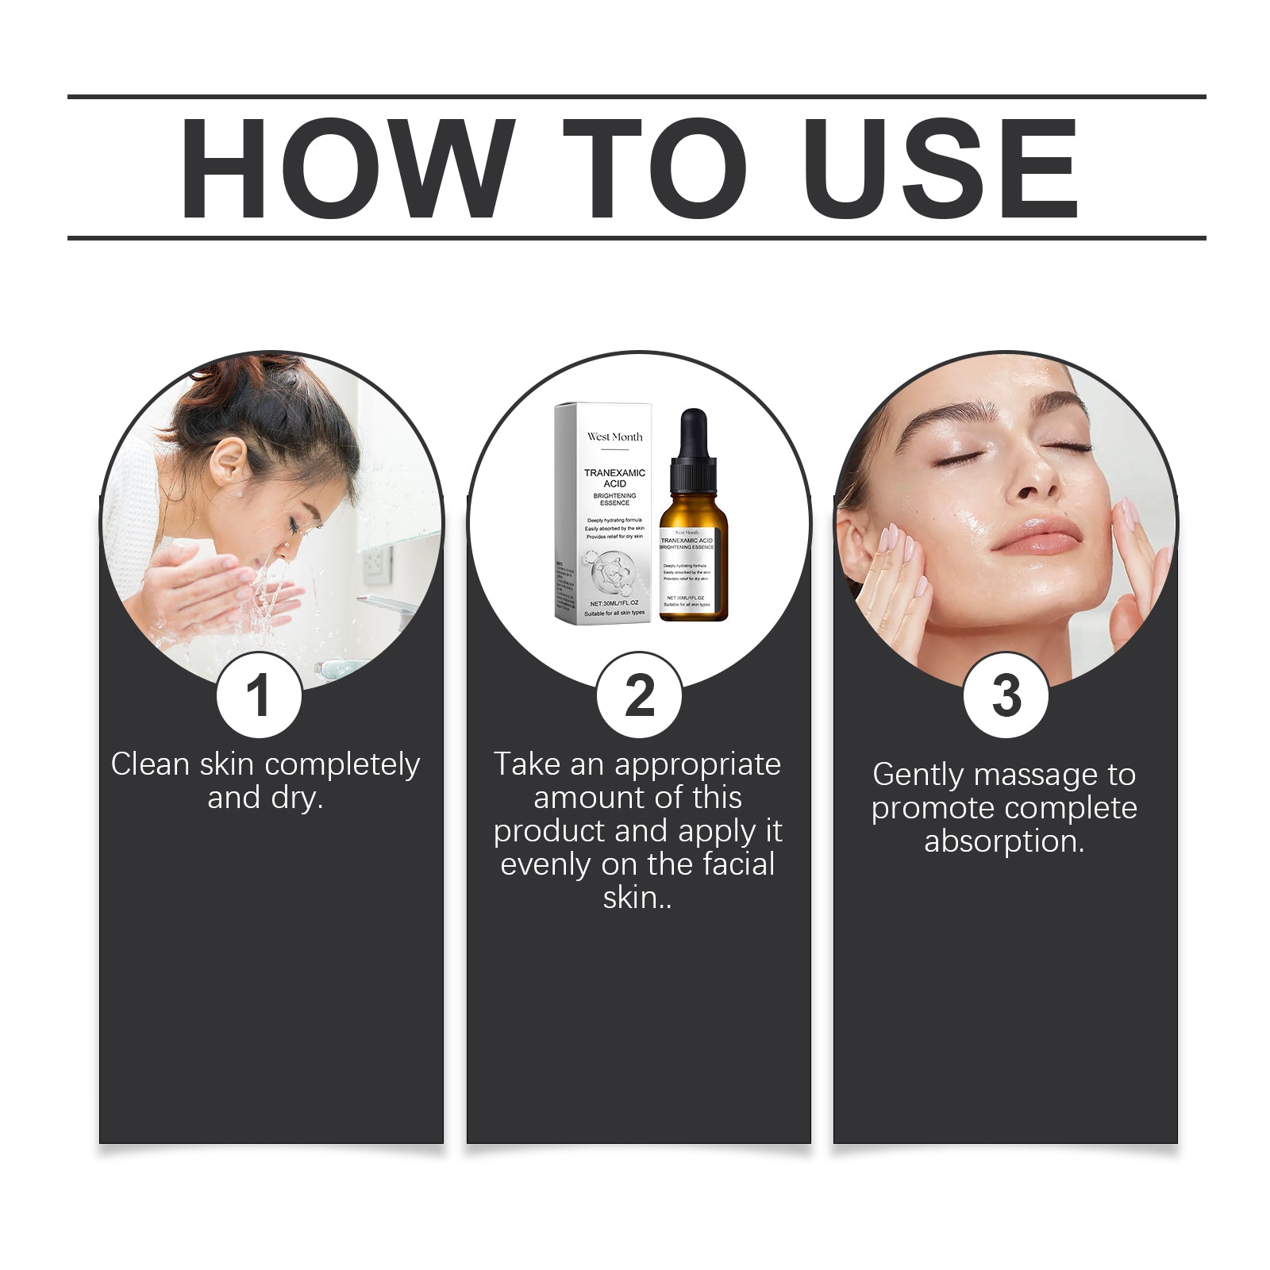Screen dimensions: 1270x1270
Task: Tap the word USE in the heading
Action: (941, 168)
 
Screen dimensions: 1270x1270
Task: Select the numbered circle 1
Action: (259, 695)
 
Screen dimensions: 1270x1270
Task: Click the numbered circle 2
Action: (639, 695)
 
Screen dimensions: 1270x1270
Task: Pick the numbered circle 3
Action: (1006, 695)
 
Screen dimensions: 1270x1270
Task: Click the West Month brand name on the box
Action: (614, 437)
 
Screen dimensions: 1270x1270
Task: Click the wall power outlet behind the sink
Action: (376, 564)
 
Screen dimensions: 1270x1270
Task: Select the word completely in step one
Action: (342, 764)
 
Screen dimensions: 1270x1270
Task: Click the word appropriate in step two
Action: (697, 764)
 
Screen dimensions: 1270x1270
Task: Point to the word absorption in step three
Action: (1003, 841)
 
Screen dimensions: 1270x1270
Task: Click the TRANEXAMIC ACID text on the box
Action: (614, 478)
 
